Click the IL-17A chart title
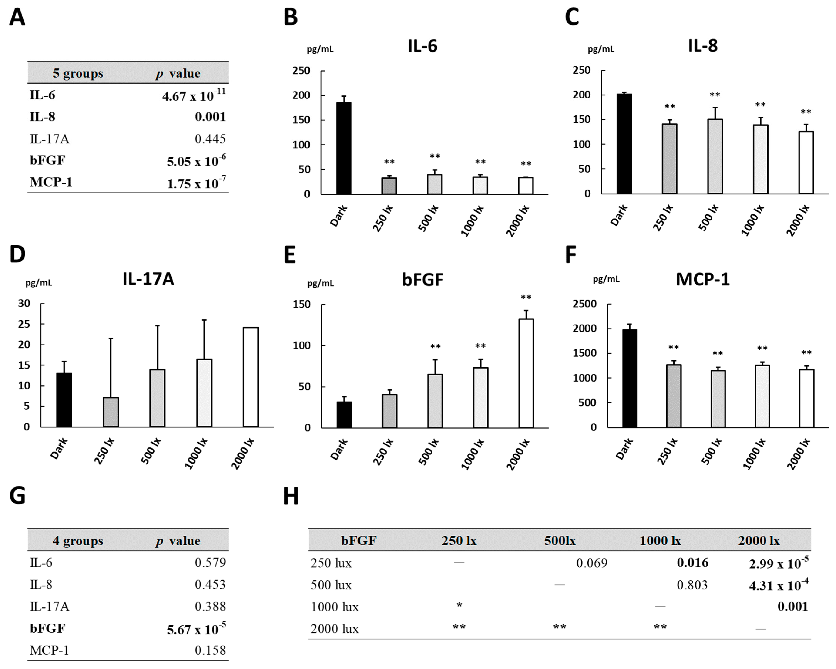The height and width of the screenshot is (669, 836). coord(148,279)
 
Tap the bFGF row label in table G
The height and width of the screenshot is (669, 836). coord(47,628)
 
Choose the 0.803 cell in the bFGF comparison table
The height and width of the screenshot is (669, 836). coord(692,585)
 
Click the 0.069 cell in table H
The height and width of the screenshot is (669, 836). coord(592,563)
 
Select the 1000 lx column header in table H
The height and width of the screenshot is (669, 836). coord(660,540)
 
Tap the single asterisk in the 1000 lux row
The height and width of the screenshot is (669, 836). coord(459,605)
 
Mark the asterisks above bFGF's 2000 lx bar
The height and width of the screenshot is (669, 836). coord(526,297)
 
